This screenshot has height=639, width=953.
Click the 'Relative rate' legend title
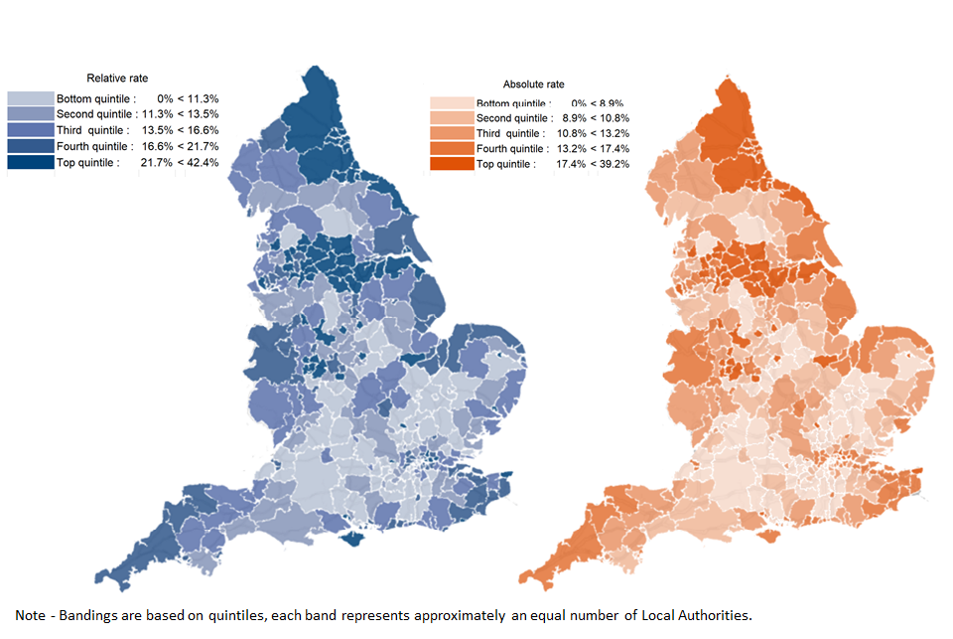tap(117, 78)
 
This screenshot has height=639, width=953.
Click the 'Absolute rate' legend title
tap(533, 84)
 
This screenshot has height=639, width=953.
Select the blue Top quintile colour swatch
tap(30, 162)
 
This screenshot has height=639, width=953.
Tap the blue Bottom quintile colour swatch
tap(30, 99)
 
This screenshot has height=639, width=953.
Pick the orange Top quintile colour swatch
tap(451, 164)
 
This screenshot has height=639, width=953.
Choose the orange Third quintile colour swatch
tap(451, 133)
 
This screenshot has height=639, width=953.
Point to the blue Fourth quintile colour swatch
tap(30, 146)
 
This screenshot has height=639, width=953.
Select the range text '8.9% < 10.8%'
tap(594, 118)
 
